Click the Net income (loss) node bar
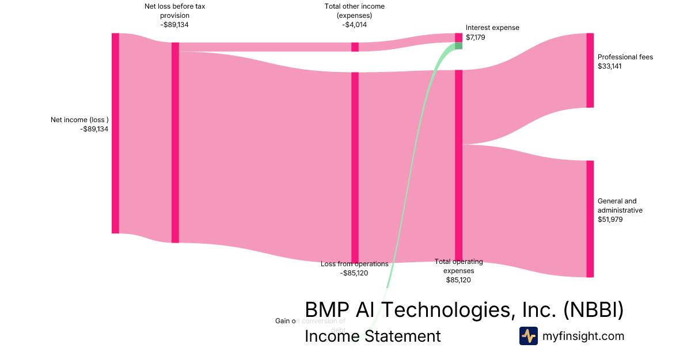point(115,133)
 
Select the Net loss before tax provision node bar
point(175,142)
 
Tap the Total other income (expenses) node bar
point(355,47)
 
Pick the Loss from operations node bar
point(355,167)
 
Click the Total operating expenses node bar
point(458,165)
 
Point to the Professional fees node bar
point(590,70)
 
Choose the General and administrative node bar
point(590,219)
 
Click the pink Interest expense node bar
point(458,37)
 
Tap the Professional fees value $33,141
point(610,66)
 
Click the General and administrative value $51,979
point(610,220)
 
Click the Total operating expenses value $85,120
point(458,280)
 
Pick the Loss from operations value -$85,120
point(354,273)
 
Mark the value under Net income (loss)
point(94,129)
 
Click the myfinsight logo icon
point(528,336)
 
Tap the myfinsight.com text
point(583,336)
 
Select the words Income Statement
point(373,336)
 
